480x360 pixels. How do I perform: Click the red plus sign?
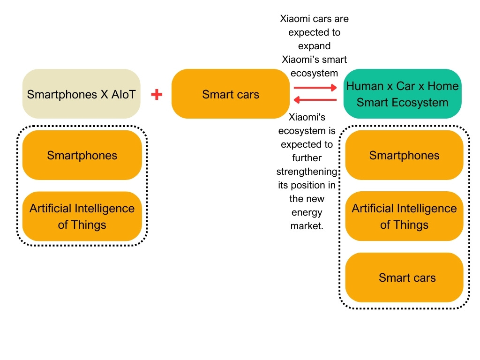point(157,95)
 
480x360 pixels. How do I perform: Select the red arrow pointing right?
point(315,87)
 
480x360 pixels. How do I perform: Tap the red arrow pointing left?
point(315,100)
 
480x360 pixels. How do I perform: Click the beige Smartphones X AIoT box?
point(82,94)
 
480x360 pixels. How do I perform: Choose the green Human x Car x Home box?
point(402,94)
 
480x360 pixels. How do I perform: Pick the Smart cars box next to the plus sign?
point(230,94)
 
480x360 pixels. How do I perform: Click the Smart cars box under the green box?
point(404,277)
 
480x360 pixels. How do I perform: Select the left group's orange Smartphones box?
point(82,155)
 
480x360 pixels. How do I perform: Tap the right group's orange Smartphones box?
point(404,155)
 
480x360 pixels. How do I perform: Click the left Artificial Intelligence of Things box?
point(82,216)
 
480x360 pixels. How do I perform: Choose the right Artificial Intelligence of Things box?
point(404,216)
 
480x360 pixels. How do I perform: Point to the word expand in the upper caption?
point(314,46)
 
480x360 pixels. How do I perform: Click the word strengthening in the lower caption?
point(307,171)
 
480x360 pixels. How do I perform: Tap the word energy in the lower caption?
point(307,212)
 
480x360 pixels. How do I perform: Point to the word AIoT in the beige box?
point(124,94)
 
